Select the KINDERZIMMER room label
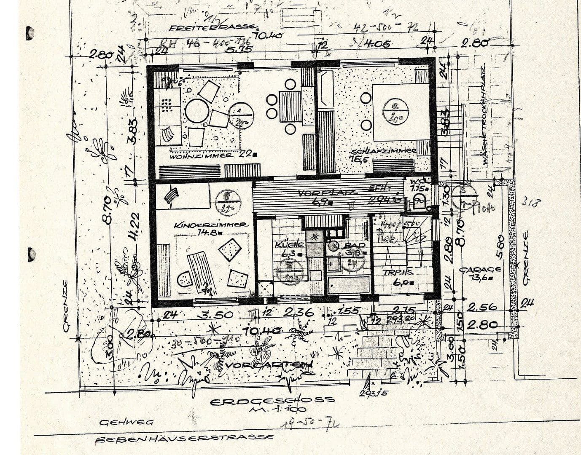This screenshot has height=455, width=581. tap(211, 225)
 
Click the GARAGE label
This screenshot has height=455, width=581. tap(480, 269)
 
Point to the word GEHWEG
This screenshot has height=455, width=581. tap(126, 422)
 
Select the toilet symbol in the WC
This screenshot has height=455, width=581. tap(420, 200)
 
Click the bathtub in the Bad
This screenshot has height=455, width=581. tap(349, 285)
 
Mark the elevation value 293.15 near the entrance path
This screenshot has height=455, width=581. tap(371, 393)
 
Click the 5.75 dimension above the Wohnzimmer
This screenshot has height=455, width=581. tap(239, 49)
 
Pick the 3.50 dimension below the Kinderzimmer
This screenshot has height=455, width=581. tap(217, 314)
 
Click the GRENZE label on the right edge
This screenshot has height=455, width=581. tap(526, 257)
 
